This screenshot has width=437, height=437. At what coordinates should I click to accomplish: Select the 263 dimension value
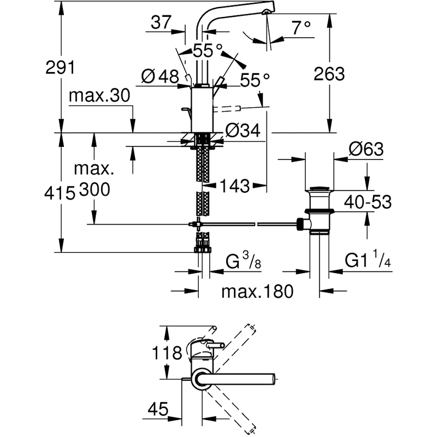(329, 73)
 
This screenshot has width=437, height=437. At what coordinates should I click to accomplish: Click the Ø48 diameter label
(160, 77)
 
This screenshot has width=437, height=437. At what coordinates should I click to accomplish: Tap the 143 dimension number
(235, 186)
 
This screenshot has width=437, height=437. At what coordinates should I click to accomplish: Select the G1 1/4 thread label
(368, 262)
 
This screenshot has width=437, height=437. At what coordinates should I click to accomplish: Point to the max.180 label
(257, 291)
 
